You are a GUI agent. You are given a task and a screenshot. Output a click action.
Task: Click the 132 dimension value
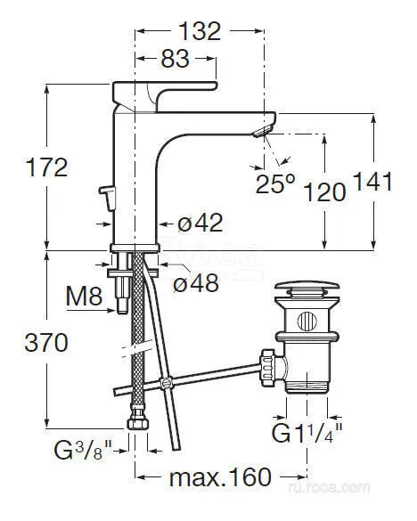pos(200,31)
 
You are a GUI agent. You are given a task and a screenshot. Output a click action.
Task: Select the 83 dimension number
pos(175,59)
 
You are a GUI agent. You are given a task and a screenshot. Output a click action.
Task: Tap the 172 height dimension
pos(47,167)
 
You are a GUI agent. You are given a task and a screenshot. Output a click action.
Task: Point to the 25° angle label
pos(275,183)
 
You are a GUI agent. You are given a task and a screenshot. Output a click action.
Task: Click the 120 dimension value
pos(325,192)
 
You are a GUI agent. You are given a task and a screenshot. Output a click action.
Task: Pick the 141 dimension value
pos(372,182)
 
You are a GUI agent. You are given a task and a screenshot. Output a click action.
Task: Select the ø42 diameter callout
pos(200,223)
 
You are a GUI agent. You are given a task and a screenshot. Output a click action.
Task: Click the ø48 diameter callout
pos(196,282)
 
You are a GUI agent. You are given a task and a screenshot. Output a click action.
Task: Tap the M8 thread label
pos(84,296)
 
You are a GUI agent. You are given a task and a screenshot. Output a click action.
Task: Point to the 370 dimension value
pos(46,343)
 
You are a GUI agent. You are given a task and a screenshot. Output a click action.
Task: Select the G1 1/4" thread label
pos(307,432)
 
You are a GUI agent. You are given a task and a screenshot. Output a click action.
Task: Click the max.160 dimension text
pos(220,477)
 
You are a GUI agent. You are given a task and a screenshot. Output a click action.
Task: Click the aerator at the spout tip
pos(264,131)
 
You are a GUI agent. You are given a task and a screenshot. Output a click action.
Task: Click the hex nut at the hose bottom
pos(138,422)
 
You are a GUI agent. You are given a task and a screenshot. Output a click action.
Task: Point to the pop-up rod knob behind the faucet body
pos(108,198)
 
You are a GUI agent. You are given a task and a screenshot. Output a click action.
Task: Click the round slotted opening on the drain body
pos(307,322)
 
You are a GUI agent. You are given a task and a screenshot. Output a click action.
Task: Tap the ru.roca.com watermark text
pos(329,487)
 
